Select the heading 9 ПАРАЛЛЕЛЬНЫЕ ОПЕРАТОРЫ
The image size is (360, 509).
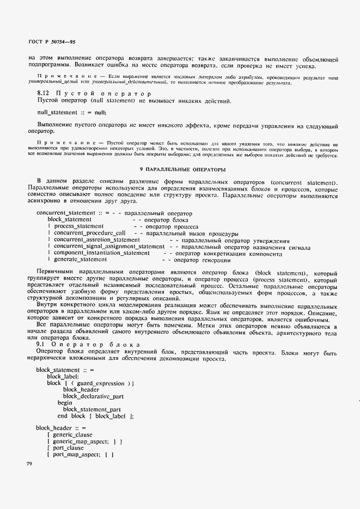pos(180,170)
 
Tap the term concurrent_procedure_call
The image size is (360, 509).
pos(90,233)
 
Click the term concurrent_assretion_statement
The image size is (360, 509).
pos(97,240)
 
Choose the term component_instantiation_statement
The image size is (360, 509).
pos(101,253)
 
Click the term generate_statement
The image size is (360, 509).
pos(80,260)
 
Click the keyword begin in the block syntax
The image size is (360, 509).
pos(65,403)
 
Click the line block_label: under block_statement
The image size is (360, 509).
pos(63,377)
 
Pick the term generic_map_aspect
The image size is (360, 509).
pos(81,441)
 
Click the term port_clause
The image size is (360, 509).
pos(68,448)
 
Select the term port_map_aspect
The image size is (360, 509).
pos(76,455)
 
